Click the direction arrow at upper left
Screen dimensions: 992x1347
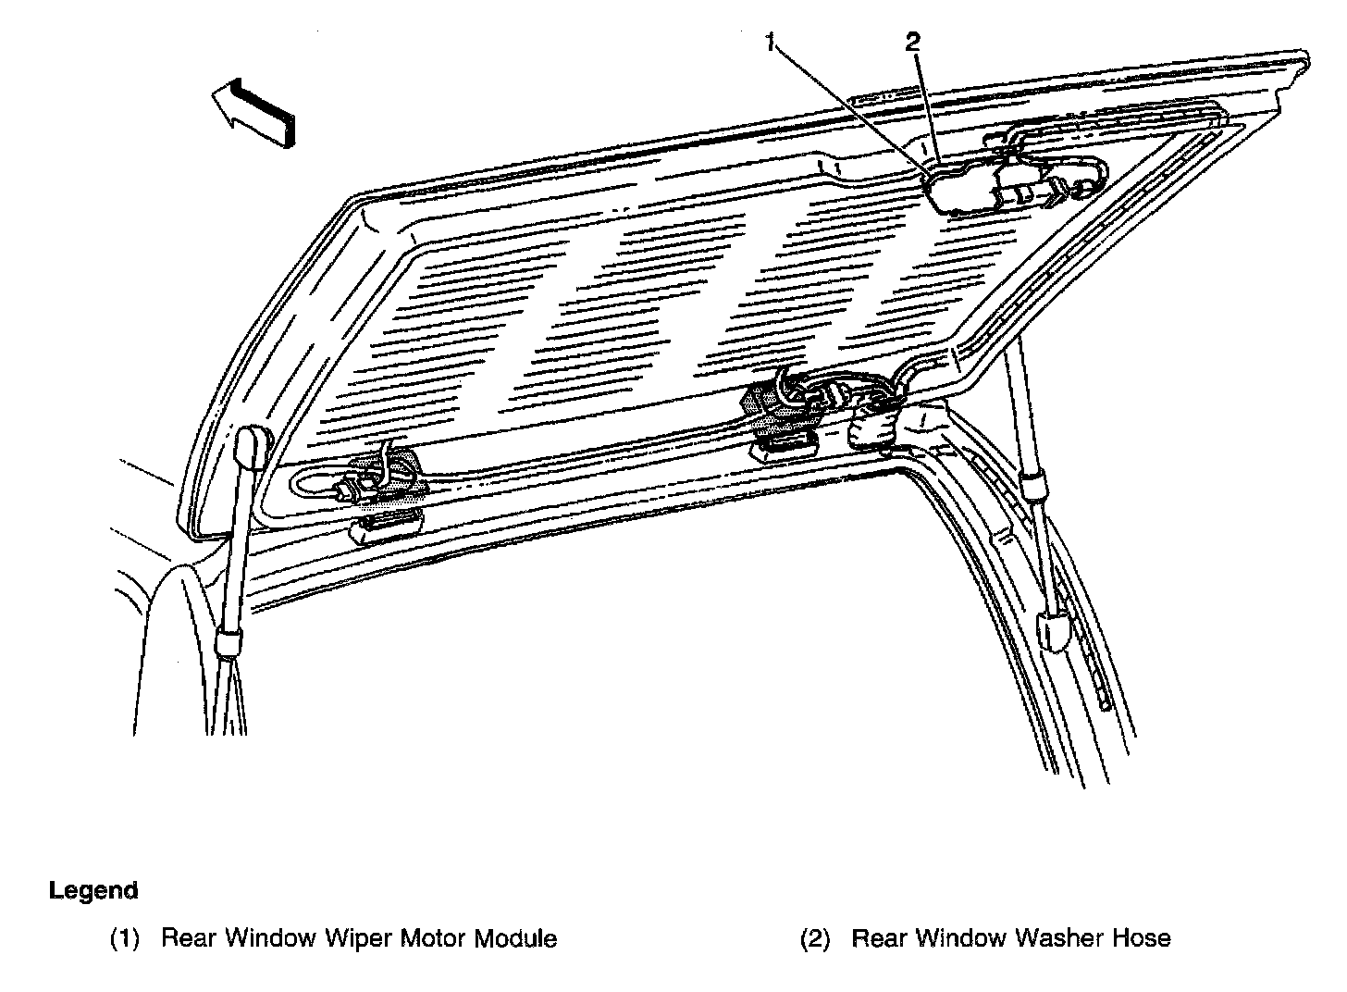(x=253, y=109)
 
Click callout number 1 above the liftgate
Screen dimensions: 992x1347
(x=772, y=43)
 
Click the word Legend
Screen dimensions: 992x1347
(x=93, y=890)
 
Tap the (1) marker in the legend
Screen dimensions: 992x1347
(x=125, y=938)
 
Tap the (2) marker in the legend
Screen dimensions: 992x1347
(x=815, y=938)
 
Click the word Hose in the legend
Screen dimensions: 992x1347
(x=1141, y=938)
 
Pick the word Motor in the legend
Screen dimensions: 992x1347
(x=433, y=938)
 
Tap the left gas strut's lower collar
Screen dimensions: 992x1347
(x=228, y=640)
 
